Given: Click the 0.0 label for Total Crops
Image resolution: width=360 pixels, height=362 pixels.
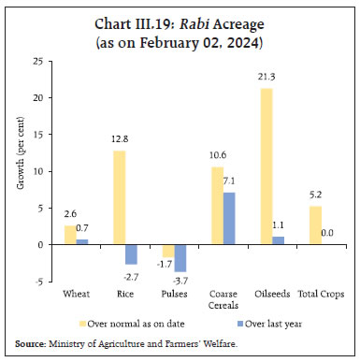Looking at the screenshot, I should coord(327,234).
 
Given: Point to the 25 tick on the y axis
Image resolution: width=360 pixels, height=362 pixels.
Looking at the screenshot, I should coord(38,61).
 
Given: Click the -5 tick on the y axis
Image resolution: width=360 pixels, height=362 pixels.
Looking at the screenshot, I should coord(39,282).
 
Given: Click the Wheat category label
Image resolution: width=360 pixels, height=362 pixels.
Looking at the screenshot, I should coord(76,294).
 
